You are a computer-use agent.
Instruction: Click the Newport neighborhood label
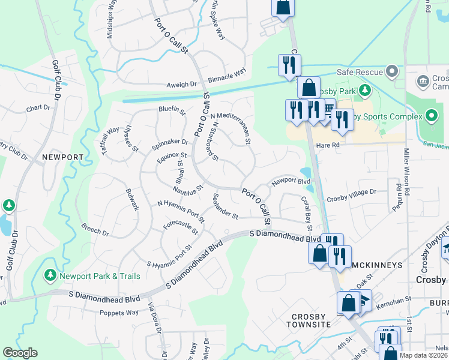point(62,157)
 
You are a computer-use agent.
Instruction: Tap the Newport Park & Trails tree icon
point(51,275)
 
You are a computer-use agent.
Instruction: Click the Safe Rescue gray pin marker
point(392,72)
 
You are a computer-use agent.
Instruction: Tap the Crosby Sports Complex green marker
point(432,116)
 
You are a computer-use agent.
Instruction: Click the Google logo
point(20,353)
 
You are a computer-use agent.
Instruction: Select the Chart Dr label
point(37,109)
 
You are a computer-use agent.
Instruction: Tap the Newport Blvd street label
point(291,181)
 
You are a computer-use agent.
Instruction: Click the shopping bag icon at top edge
point(282,7)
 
